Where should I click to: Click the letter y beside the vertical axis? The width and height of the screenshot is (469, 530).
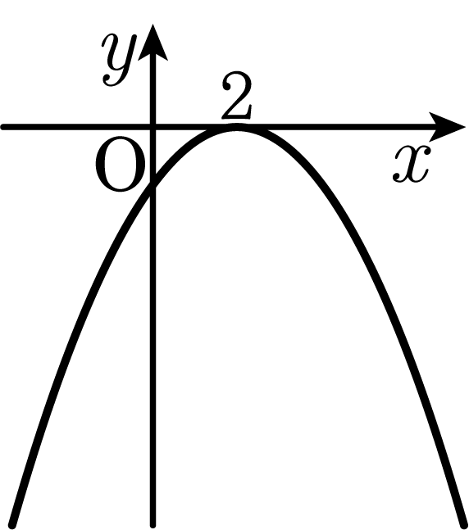tap(121, 60)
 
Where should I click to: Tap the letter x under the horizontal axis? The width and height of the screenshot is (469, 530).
tap(412, 165)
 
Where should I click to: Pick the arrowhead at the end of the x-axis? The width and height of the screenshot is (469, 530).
tap(447, 127)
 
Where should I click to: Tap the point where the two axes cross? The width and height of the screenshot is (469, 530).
tap(153, 127)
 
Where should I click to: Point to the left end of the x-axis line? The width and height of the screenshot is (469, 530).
tap(4, 127)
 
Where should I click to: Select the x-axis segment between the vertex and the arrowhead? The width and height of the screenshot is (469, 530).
tap(335, 127)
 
